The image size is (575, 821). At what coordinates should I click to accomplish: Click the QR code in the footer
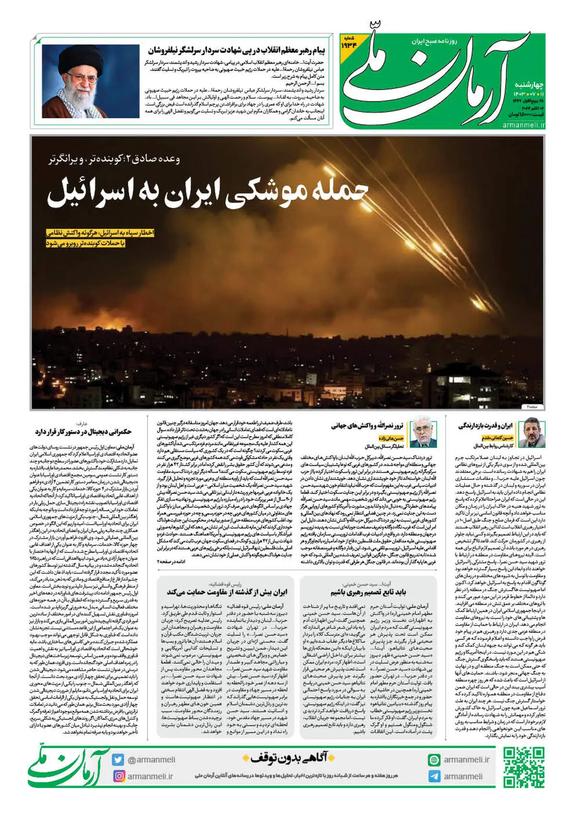tap(524, 768)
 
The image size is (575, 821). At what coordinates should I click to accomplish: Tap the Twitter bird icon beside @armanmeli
tap(118, 760)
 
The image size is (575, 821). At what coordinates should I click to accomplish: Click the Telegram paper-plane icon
tap(434, 776)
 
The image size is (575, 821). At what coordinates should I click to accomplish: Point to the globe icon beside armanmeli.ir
tap(434, 760)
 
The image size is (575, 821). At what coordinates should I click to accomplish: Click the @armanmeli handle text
tap(151, 760)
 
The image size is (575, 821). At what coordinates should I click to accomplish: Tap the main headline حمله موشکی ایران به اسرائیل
tap(207, 192)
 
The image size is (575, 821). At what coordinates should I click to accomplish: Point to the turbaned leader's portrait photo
tap(91, 81)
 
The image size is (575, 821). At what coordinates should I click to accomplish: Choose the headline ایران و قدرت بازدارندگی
tap(485, 425)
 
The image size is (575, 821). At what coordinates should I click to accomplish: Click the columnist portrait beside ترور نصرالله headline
tap(422, 431)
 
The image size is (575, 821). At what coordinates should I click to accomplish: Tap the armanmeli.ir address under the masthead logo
tap(524, 125)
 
